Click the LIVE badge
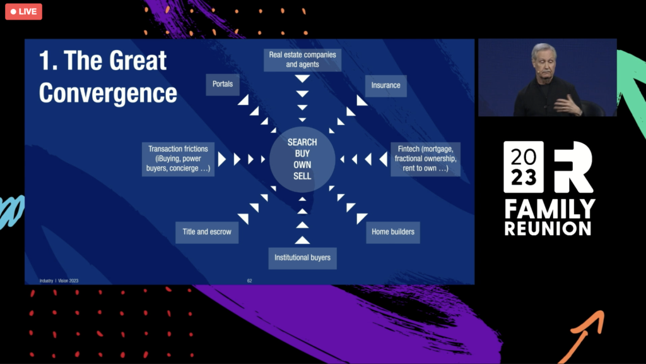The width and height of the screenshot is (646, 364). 23,11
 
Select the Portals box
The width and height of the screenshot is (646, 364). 223,84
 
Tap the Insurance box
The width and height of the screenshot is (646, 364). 385,85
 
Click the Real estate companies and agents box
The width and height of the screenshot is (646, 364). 303,59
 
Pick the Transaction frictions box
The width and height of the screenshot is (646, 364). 179,159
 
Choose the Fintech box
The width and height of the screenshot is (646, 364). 425,159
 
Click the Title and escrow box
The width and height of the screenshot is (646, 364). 206,232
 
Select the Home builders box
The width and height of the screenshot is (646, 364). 393,232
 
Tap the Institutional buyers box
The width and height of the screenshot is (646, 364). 302,257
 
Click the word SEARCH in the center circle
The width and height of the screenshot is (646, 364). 302,142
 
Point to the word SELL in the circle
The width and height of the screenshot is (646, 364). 302,176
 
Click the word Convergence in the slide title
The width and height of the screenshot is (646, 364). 108,92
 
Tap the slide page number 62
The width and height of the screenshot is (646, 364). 249,281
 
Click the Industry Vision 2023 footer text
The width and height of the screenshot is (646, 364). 59,281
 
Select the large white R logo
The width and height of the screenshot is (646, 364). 573,167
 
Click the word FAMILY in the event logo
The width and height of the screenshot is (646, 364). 549,209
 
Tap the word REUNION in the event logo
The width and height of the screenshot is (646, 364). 548,228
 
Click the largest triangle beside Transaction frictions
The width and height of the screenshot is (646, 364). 221,159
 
